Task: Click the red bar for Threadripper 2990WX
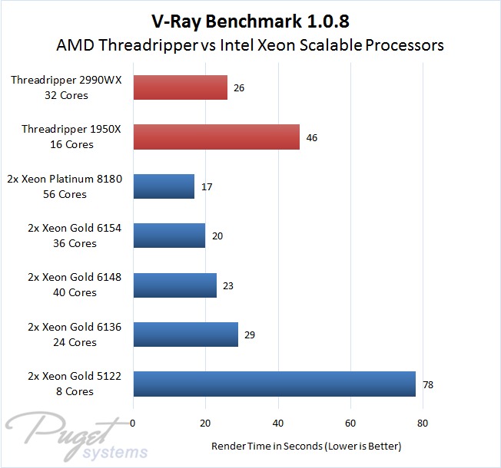click(180, 87)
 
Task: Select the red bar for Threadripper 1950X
click(216, 137)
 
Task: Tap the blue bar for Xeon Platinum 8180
click(164, 186)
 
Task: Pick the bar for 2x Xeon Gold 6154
click(169, 236)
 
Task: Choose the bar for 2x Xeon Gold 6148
click(174, 285)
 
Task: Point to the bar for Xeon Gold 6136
click(185, 335)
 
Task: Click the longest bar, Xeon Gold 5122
click(274, 384)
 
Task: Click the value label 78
click(427, 384)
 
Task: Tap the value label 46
click(311, 138)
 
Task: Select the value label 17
click(207, 187)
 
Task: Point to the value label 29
click(250, 335)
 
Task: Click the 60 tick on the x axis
click(350, 421)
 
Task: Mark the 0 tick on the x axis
click(133, 421)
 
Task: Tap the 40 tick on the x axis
click(278, 421)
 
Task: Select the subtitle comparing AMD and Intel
click(250, 44)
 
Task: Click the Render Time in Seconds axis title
click(306, 445)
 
